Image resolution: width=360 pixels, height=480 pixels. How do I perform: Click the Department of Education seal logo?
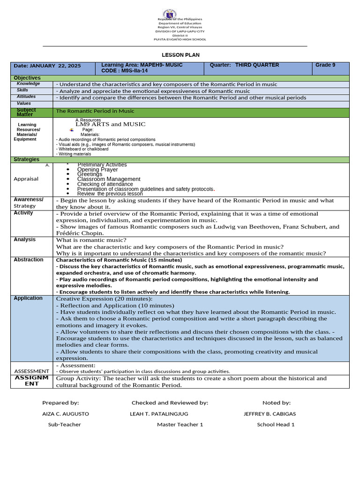[170, 14]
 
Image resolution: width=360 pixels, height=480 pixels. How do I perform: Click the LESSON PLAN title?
[180, 55]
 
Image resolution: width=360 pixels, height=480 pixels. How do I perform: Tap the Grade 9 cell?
[325, 65]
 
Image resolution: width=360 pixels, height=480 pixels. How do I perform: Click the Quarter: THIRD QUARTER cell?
[244, 65]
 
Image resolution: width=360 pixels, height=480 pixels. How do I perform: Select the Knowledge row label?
[28, 83]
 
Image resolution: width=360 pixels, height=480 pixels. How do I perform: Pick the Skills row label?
[22, 90]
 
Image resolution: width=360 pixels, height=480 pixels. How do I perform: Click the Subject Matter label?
[26, 112]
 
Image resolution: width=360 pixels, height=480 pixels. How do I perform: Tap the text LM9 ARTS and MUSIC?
[111, 124]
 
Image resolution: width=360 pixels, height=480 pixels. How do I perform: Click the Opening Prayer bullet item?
[97, 170]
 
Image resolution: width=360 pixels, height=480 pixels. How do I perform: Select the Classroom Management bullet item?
[109, 179]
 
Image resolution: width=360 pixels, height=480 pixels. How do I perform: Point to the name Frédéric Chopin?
[79, 233]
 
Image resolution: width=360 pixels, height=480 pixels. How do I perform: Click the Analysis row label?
[24, 240]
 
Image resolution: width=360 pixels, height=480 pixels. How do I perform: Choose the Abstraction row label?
[28, 260]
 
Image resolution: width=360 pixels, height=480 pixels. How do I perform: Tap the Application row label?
[28, 298]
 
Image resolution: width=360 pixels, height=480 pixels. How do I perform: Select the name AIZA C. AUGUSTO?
[66, 414]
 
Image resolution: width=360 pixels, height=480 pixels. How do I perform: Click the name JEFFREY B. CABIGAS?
[270, 414]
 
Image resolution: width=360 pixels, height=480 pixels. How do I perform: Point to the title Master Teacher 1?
[180, 425]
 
